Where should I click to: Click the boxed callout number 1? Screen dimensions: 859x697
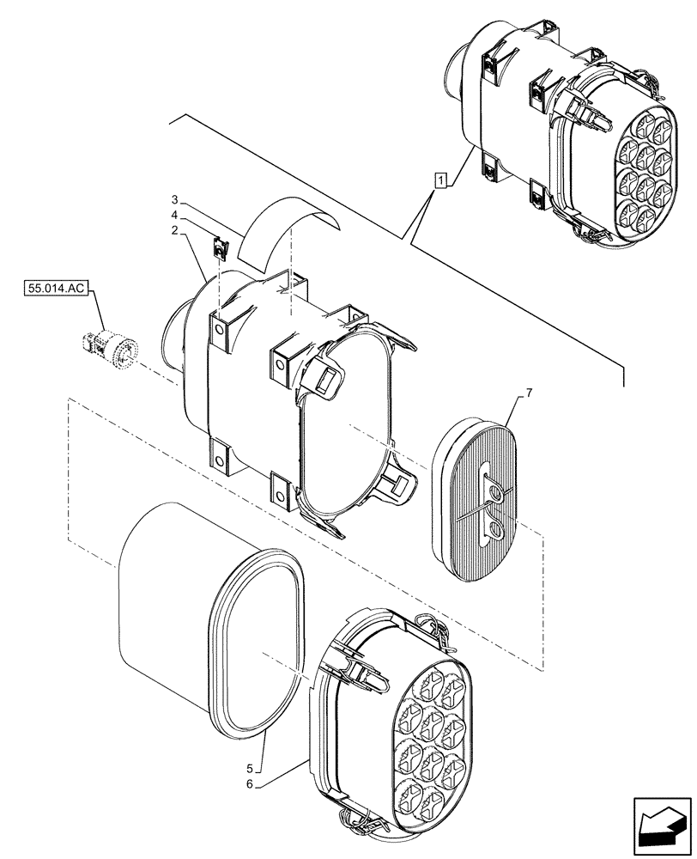click(x=440, y=180)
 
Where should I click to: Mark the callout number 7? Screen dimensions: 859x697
click(x=529, y=393)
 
